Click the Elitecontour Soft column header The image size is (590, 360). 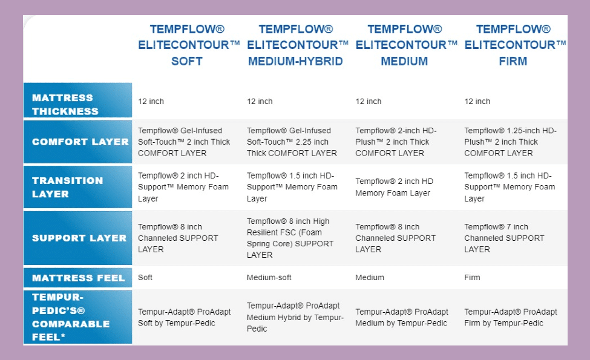pos(187,45)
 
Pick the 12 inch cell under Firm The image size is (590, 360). pos(477,102)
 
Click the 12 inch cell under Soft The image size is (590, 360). pos(151,102)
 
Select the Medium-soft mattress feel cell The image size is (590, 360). pos(269,278)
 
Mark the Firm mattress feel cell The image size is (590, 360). pos(472,278)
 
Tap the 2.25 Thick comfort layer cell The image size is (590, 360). pos(292,142)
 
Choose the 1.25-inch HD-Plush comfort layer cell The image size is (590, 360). pos(510,142)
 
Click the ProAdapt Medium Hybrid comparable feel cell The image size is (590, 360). pos(295,317)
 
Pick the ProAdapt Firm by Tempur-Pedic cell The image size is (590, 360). pos(511,317)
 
